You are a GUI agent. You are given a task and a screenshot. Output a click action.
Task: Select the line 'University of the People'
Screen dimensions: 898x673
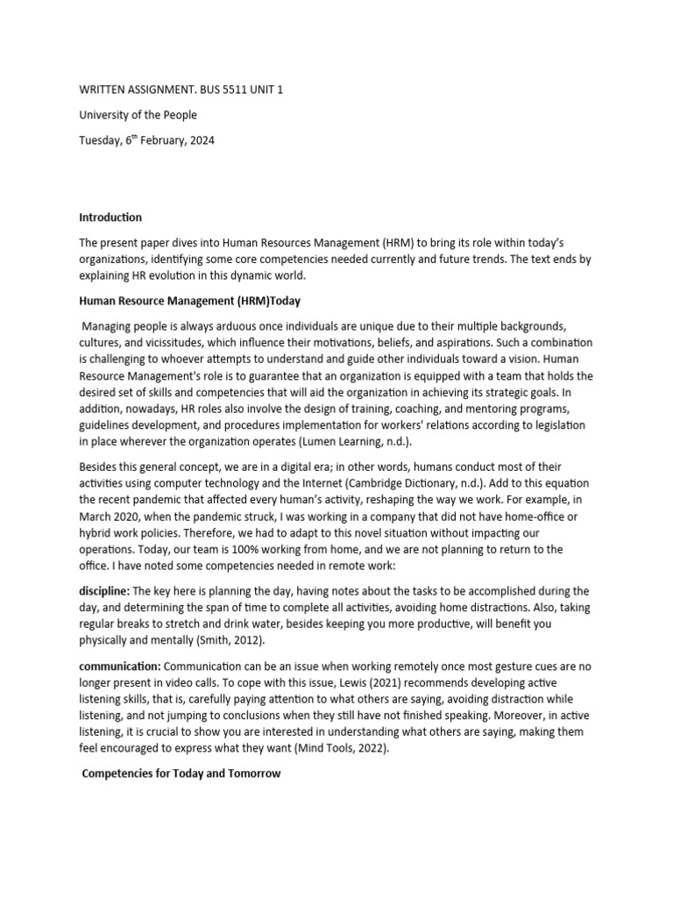(x=138, y=115)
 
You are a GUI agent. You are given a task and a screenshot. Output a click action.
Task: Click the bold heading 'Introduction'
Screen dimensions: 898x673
(x=110, y=217)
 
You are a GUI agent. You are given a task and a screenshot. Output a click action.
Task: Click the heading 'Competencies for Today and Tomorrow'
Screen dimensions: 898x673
(x=181, y=773)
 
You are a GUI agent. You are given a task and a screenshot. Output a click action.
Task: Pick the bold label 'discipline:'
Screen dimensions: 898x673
(x=105, y=591)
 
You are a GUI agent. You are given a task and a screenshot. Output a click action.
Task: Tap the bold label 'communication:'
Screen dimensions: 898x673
(x=119, y=667)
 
